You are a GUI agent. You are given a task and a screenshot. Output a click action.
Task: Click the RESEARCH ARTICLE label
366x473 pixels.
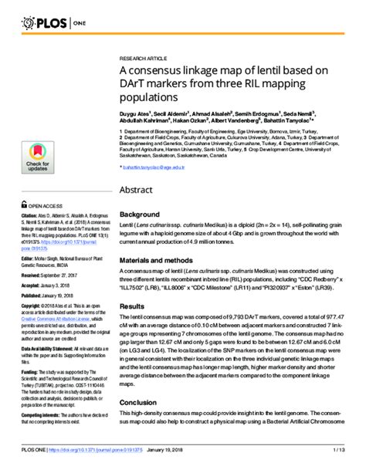click(x=143, y=59)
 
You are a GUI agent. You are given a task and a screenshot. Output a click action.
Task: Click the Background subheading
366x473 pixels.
click(x=140, y=214)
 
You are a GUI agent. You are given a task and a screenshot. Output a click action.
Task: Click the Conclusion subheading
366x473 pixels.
click(x=138, y=402)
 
